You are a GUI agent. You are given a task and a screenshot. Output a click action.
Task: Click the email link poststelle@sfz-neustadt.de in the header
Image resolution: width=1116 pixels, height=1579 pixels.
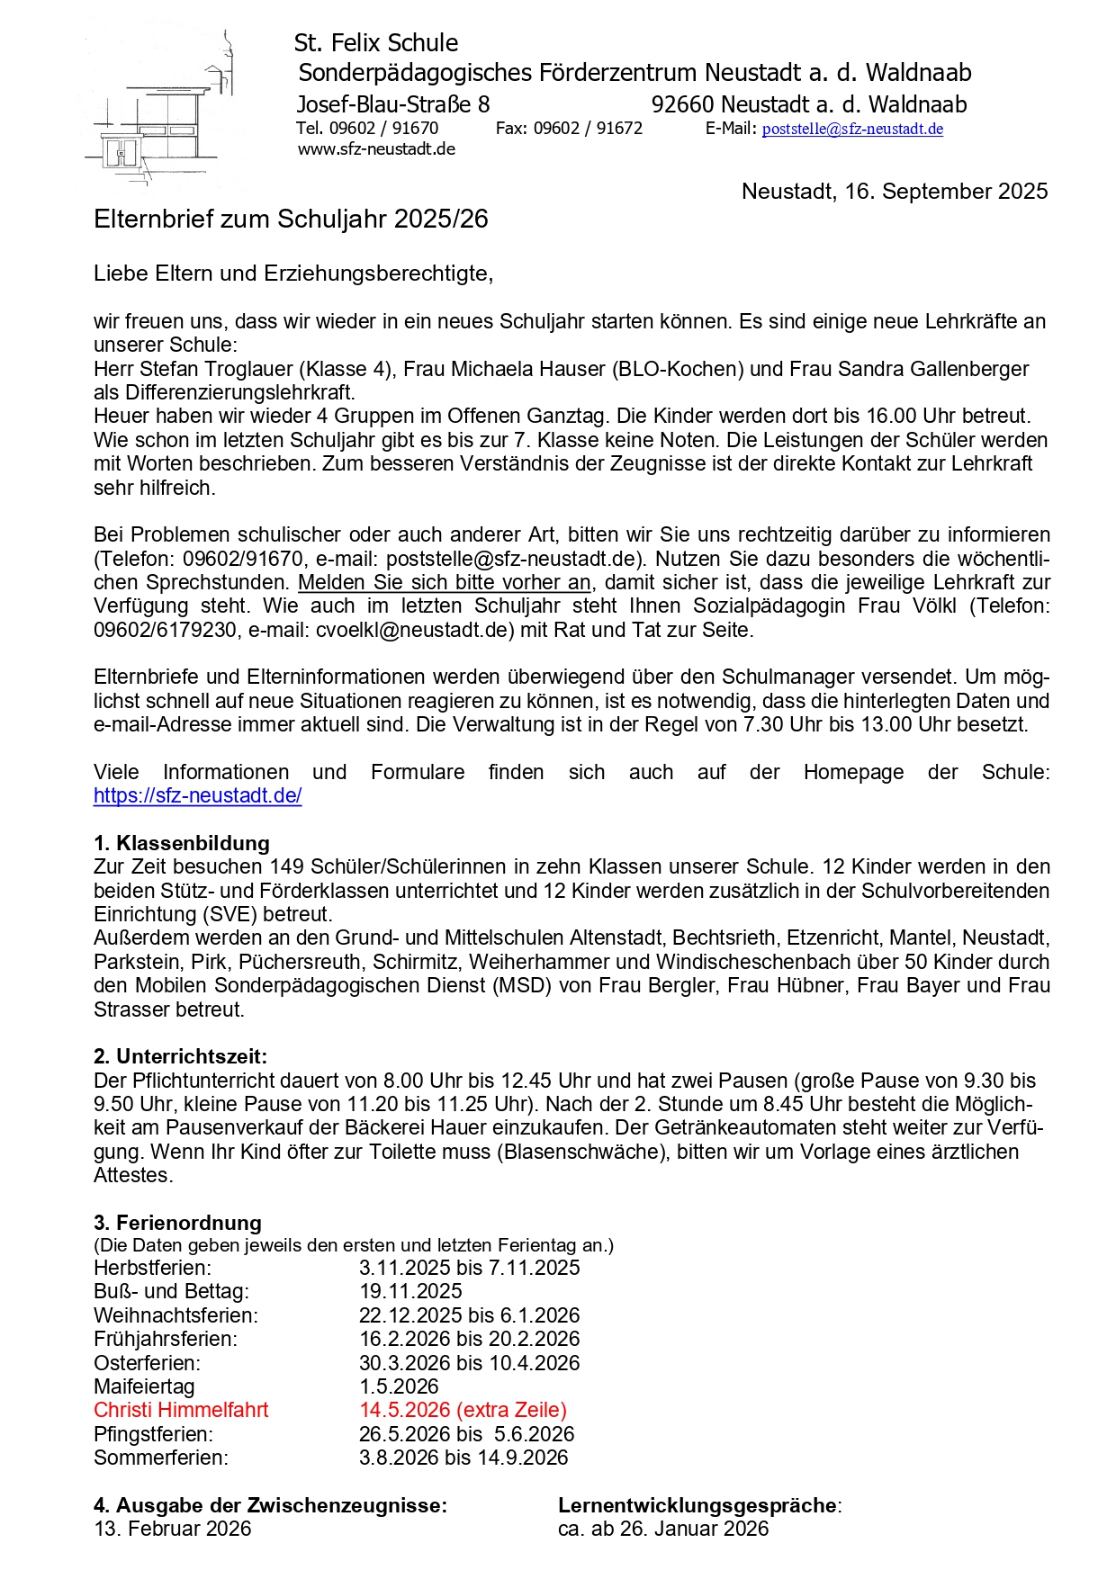(852, 129)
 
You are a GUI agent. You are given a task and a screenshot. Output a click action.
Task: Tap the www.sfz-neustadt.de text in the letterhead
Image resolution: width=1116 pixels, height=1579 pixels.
(376, 149)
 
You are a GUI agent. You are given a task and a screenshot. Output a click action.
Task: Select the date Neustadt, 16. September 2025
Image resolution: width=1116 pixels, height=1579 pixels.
(894, 192)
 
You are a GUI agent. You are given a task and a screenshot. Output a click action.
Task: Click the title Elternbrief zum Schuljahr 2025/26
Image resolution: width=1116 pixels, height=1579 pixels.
(291, 220)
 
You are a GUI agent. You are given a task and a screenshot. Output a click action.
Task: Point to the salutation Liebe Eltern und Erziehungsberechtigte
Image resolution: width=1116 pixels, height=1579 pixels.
(292, 274)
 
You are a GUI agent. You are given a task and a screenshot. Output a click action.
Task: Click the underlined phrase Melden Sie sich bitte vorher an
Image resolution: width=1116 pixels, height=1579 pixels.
(445, 582)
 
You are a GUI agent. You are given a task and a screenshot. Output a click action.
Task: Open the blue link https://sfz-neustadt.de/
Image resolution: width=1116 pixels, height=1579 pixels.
(197, 795)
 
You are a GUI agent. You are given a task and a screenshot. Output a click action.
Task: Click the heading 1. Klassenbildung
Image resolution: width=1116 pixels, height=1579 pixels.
(182, 843)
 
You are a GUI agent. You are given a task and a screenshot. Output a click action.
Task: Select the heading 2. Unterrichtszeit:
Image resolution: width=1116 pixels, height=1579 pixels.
(180, 1056)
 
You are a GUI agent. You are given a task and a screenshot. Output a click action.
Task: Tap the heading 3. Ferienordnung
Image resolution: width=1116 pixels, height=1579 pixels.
(177, 1223)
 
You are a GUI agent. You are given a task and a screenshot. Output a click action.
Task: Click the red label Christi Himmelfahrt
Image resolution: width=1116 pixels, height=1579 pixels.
(181, 1410)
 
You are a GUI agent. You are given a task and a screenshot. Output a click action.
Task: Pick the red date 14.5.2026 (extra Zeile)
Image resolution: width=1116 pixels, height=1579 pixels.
(463, 1410)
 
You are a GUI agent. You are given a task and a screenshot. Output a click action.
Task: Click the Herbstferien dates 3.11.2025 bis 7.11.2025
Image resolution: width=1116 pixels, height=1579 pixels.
(469, 1268)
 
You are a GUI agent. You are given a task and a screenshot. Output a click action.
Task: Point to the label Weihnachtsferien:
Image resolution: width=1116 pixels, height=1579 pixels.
(175, 1315)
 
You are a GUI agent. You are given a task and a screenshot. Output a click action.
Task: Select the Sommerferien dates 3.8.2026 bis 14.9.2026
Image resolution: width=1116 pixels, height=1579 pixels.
(463, 1458)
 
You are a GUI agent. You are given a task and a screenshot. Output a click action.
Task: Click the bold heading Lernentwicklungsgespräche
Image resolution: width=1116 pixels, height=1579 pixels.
(698, 1505)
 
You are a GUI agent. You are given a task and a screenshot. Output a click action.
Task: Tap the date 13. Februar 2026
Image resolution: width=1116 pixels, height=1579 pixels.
(173, 1529)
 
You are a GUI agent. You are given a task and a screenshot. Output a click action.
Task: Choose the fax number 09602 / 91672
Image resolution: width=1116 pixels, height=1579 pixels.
(588, 129)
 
